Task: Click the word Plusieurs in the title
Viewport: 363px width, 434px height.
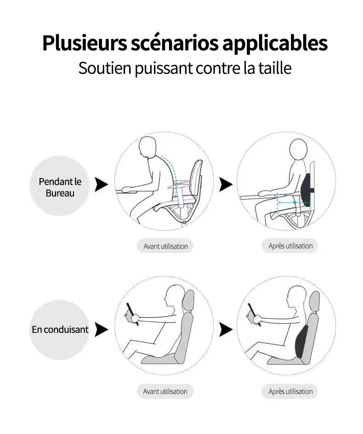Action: point(84,43)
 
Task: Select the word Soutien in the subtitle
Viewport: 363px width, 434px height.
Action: point(104,68)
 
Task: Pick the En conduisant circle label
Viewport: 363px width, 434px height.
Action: point(60,329)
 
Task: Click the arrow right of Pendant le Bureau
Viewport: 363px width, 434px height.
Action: point(101,185)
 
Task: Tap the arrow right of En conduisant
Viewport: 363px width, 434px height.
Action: point(101,329)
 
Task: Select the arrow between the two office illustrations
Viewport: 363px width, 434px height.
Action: point(226,185)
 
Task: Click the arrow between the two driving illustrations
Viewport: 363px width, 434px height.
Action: point(226,329)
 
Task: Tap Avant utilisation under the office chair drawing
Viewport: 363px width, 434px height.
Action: point(165,246)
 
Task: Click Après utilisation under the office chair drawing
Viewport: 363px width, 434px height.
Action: point(290,246)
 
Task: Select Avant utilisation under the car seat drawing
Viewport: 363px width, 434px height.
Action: point(165,392)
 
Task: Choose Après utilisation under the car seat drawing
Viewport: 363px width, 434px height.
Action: point(290,392)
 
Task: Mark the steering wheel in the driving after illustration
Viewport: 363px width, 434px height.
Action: point(254,314)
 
